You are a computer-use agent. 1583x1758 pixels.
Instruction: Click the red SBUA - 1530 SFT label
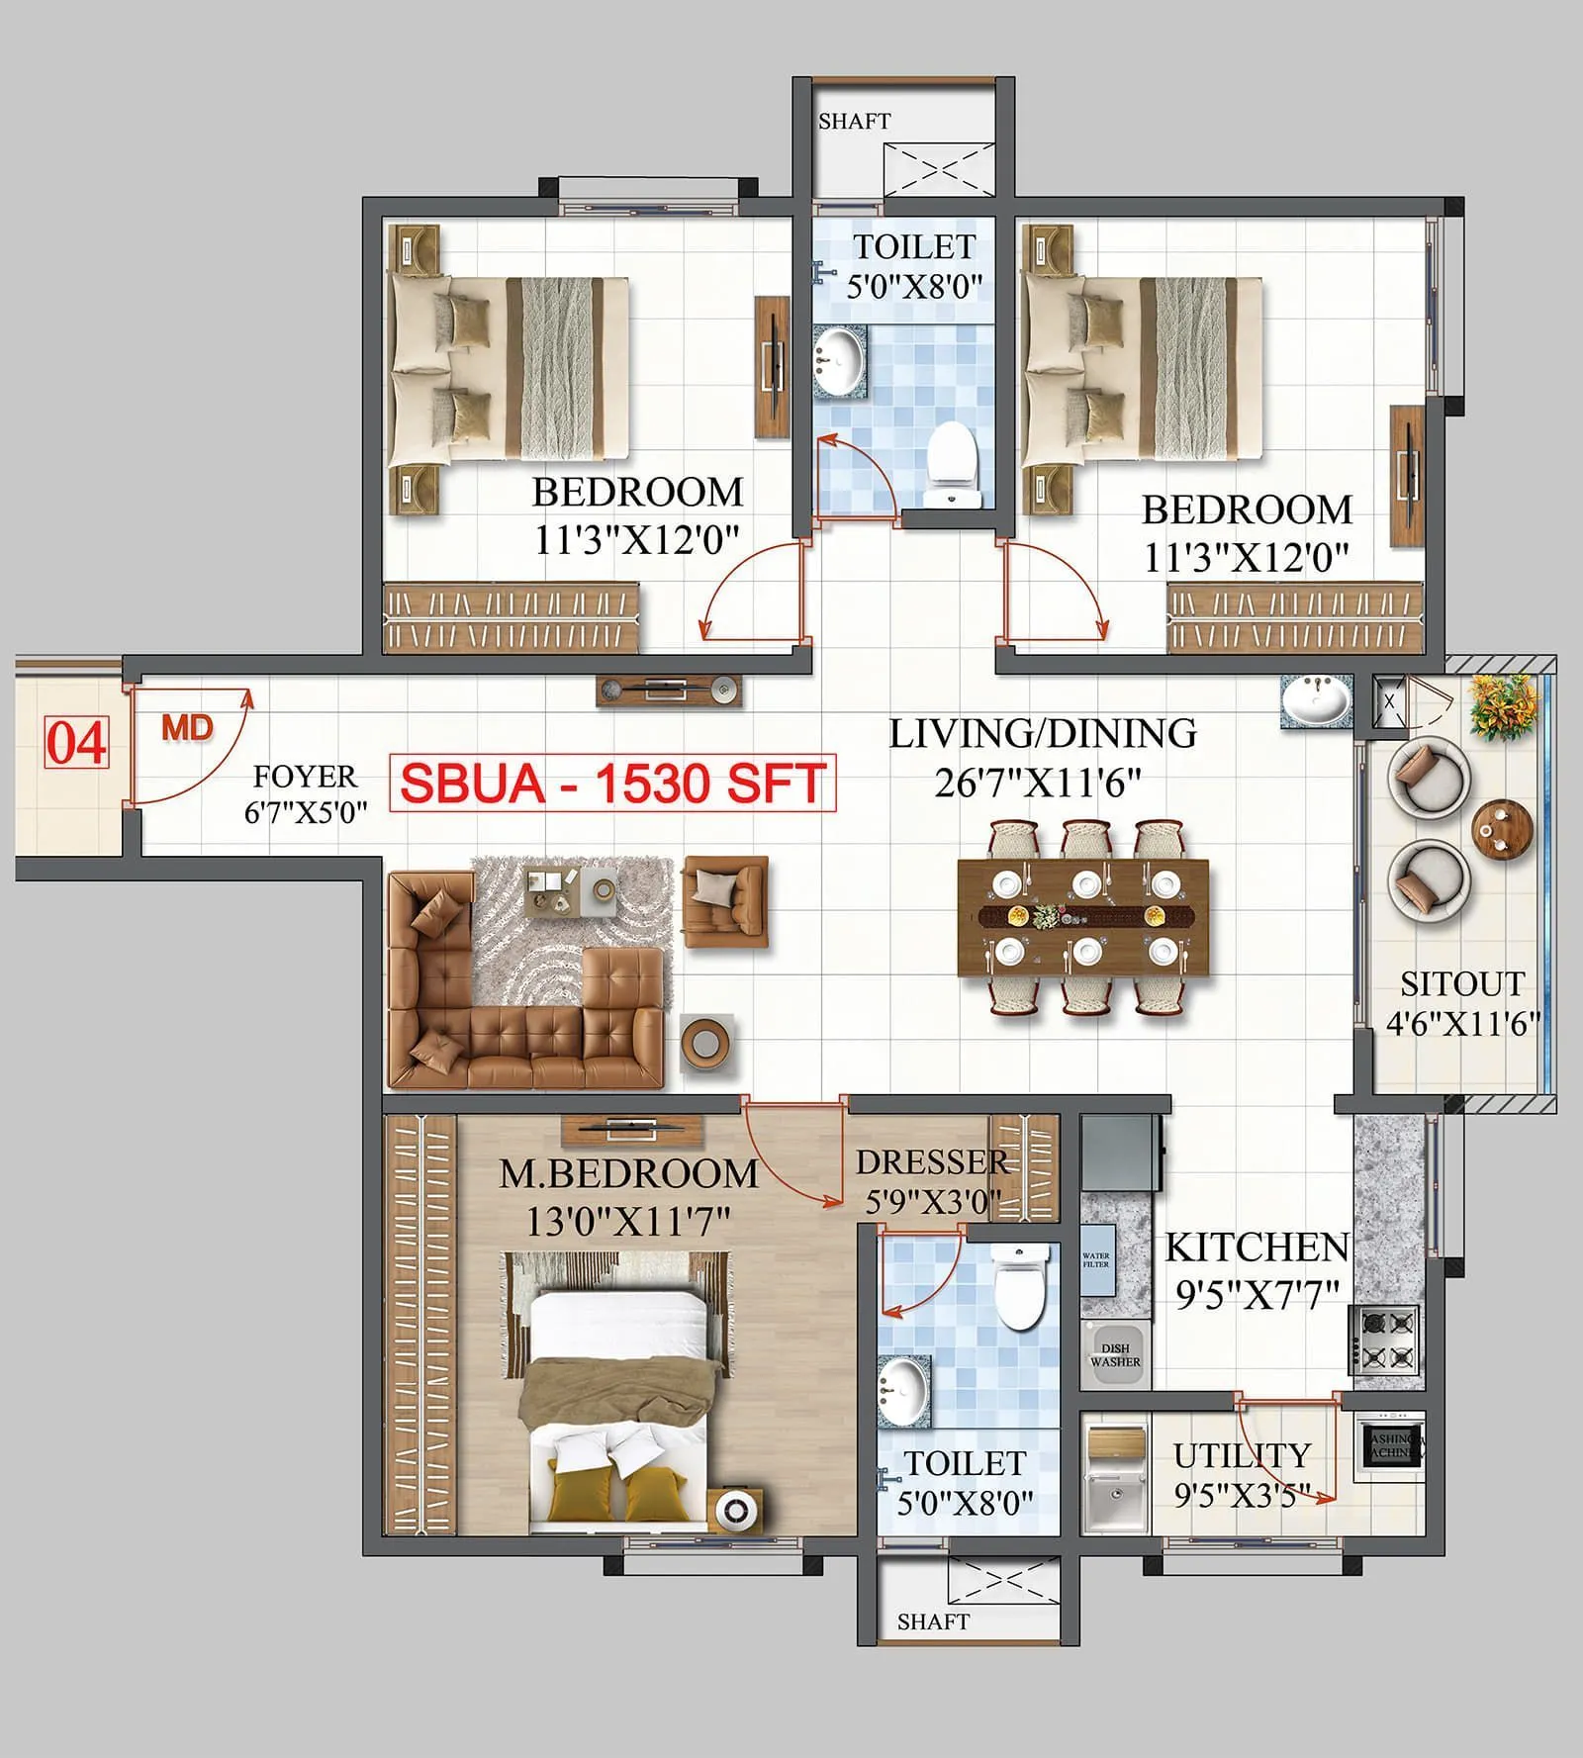pyautogui.click(x=612, y=784)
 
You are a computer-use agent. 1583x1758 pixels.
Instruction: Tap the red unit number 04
pyautogui.click(x=76, y=744)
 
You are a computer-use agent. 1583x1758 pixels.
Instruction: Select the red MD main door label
pyautogui.click(x=188, y=729)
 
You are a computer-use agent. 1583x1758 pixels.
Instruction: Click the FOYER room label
pyautogui.click(x=305, y=777)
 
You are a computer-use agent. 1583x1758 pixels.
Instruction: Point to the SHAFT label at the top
pyautogui.click(x=854, y=121)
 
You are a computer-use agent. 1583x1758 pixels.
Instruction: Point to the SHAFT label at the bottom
pyautogui.click(x=932, y=1621)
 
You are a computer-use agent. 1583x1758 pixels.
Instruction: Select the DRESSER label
pyautogui.click(x=930, y=1161)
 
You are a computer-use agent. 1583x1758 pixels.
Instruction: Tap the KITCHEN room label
pyautogui.click(x=1257, y=1248)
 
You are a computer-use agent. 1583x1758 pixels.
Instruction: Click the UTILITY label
pyautogui.click(x=1242, y=1455)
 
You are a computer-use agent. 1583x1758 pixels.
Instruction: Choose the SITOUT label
pyautogui.click(x=1462, y=984)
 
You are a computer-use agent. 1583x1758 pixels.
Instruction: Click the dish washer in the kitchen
pyautogui.click(x=1115, y=1354)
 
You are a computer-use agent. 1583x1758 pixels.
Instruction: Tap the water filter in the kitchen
pyautogui.click(x=1096, y=1260)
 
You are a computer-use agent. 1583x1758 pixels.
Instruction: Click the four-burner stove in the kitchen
pyautogui.click(x=1385, y=1339)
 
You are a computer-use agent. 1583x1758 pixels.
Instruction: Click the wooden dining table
pyautogui.click(x=1083, y=916)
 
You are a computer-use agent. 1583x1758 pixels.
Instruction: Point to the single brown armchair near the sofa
pyautogui.click(x=725, y=901)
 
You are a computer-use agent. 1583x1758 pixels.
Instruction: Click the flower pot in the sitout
pyautogui.click(x=1504, y=706)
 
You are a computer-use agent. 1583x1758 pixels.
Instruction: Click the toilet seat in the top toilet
pyautogui.click(x=953, y=460)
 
